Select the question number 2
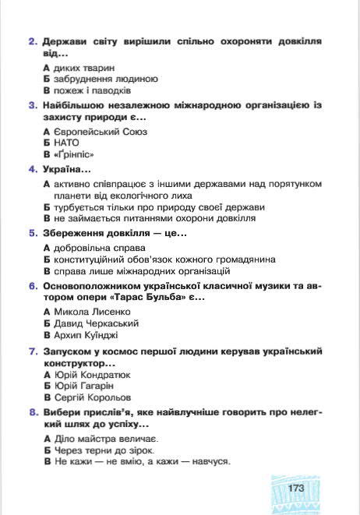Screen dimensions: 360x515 pyautogui.click(x=32, y=41)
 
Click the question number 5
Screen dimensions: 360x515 pyautogui.click(x=32, y=232)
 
